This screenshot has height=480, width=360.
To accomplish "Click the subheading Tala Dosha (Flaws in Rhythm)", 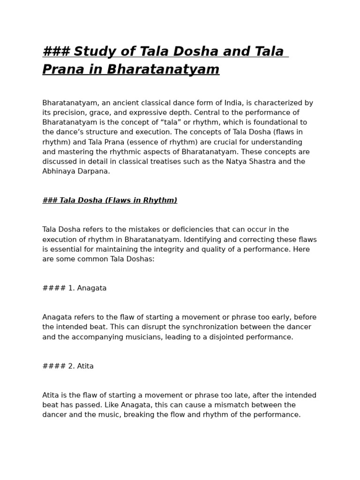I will coord(110,201).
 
